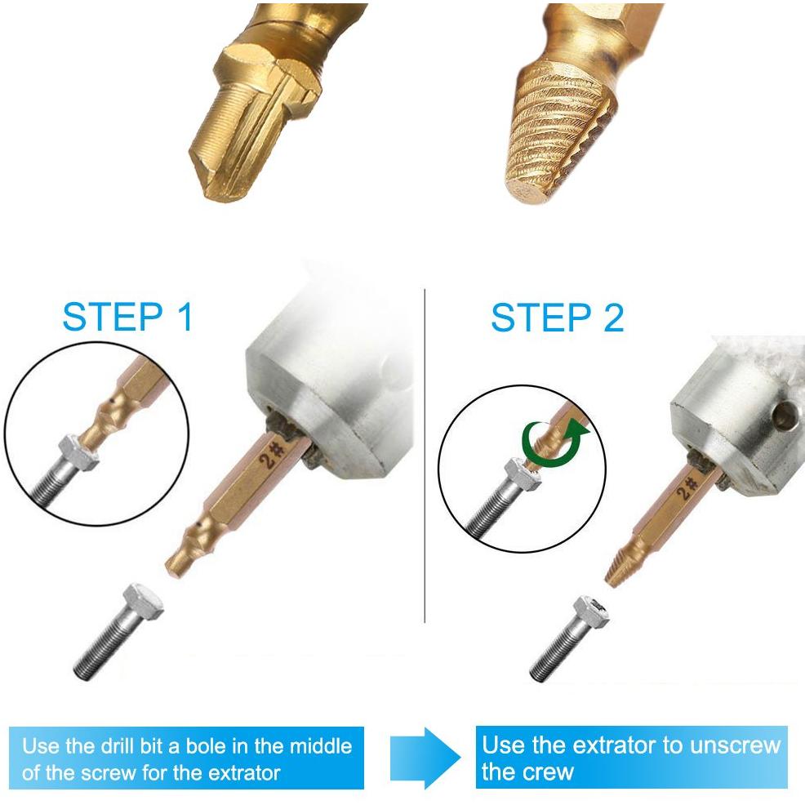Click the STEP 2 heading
[557, 318]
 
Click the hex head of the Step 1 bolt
[141, 601]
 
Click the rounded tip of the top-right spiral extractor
[527, 191]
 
